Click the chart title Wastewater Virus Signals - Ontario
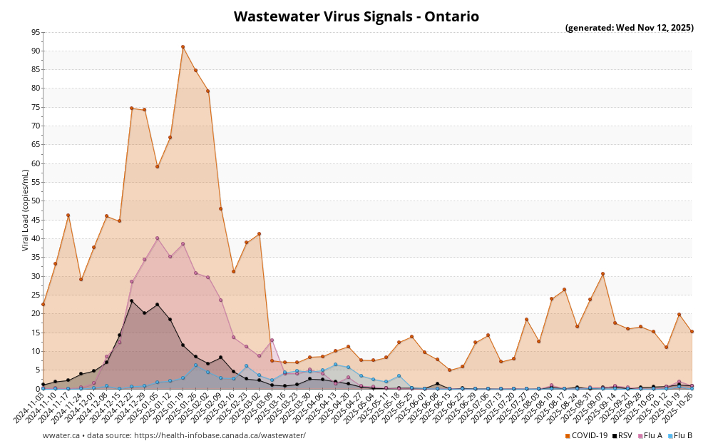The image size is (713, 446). coord(356,16)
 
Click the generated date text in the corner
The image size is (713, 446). coord(629,28)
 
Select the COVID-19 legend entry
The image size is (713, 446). coord(586,435)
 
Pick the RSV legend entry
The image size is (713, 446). coord(622,435)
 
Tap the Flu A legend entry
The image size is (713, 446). coord(650,435)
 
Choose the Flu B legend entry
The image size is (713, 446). coord(680,435)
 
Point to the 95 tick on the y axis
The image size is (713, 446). coord(35,32)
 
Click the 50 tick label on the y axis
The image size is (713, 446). coord(35,201)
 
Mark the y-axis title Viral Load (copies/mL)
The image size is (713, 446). coord(26,210)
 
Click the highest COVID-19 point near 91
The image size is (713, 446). coord(183,47)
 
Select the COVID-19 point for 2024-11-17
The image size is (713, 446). coord(68,216)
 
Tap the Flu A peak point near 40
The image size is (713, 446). coord(157,238)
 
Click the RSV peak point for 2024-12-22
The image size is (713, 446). coord(131,300)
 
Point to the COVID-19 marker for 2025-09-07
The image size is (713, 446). coord(602,273)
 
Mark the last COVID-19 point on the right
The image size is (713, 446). coord(692,331)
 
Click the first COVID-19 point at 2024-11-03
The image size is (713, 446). coord(43,304)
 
